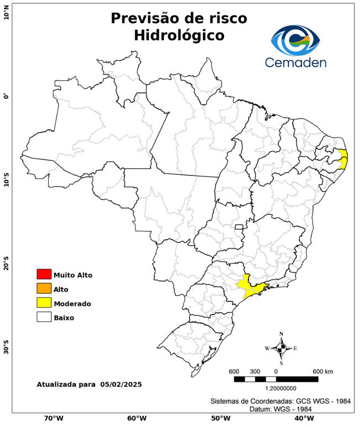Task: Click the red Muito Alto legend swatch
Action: tap(44, 274)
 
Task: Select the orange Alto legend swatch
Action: tap(44, 289)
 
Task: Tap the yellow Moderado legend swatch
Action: tap(44, 303)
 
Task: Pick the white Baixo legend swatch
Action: tap(44, 318)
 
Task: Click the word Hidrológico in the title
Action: tap(179, 35)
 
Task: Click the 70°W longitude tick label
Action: tap(53, 418)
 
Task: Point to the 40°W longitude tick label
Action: tap(303, 418)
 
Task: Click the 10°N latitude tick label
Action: tap(6, 12)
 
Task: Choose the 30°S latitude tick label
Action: tap(6, 350)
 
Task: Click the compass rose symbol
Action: tap(281, 348)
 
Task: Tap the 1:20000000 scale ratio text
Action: tap(275, 388)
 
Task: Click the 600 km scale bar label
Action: tap(323, 371)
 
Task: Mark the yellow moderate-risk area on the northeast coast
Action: tap(343, 159)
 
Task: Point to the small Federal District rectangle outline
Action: tap(239, 227)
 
